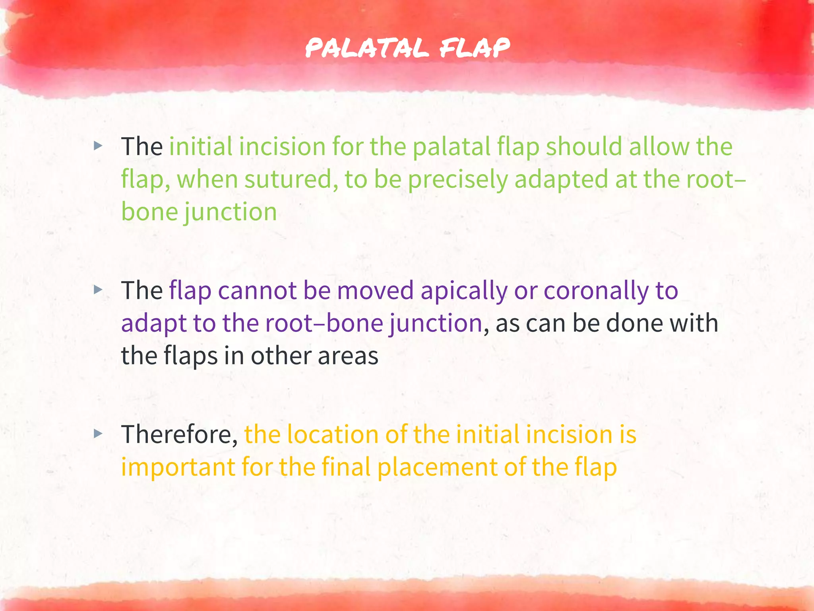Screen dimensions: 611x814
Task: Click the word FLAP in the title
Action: point(475,48)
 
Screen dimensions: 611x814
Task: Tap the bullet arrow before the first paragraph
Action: point(98,146)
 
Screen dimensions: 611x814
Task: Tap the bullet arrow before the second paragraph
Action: point(98,290)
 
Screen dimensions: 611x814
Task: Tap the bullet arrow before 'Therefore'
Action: point(98,434)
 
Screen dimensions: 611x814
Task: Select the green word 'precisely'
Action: point(458,179)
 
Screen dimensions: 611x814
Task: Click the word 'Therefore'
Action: point(179,434)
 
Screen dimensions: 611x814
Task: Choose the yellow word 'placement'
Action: point(437,467)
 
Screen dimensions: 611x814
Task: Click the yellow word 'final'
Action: point(346,467)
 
